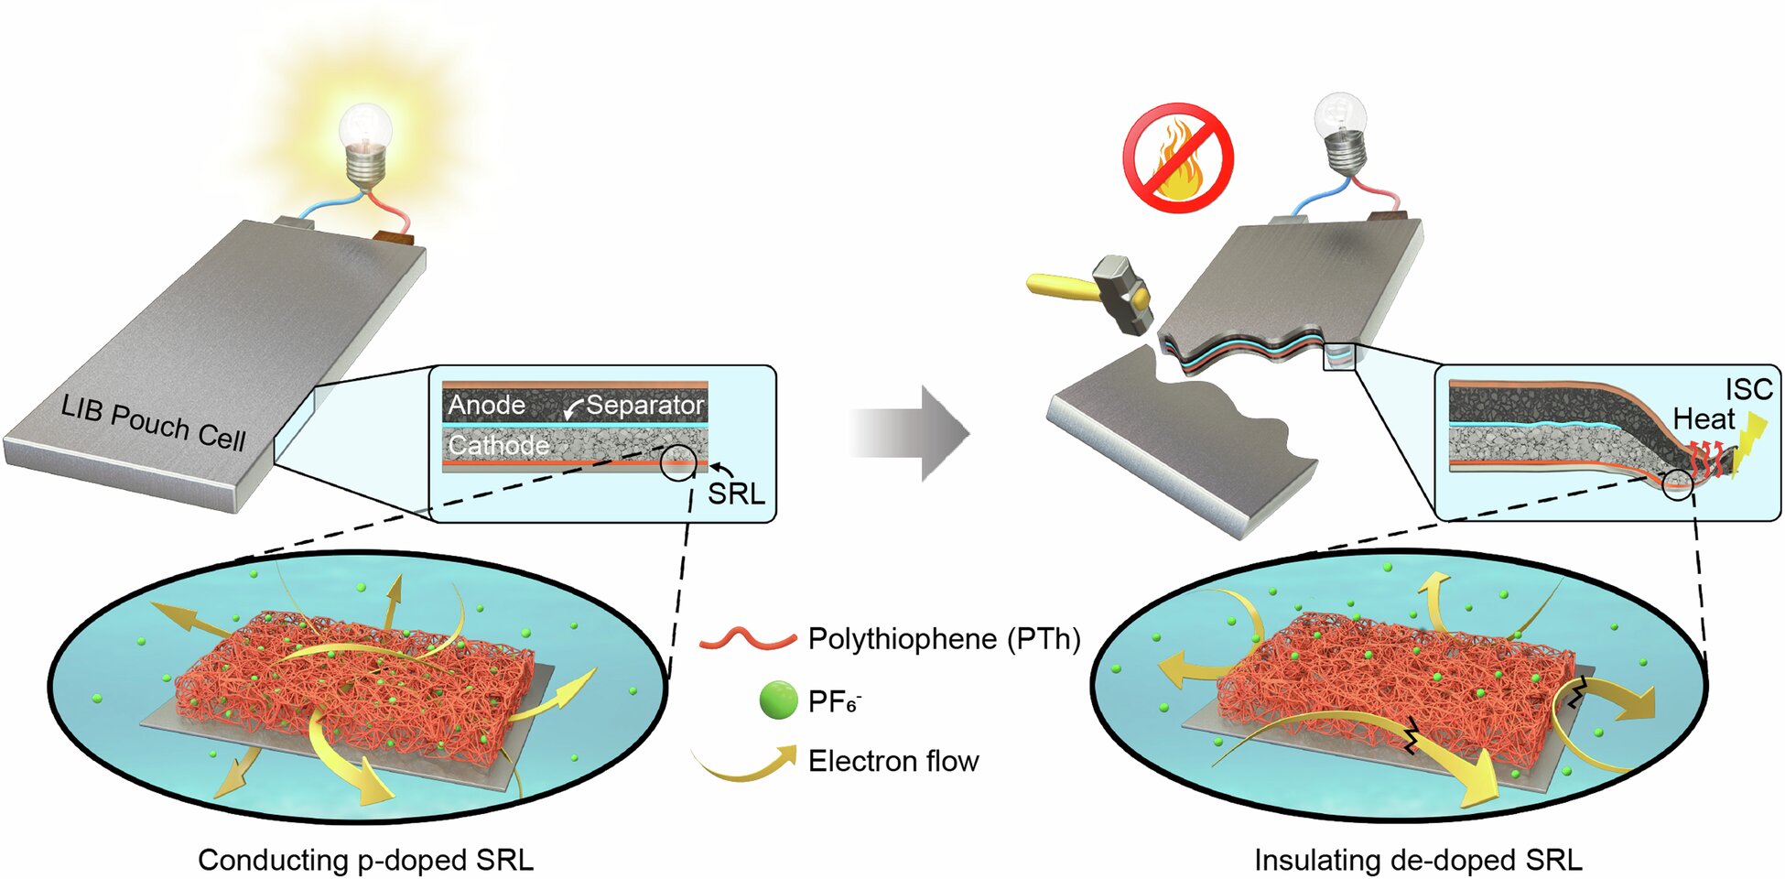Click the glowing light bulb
366,146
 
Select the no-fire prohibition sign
1178,157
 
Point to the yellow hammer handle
1062,287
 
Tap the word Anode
486,405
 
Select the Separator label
645,405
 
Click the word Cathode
498,445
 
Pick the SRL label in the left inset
736,494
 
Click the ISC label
1749,389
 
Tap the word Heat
1704,419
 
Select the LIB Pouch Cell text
153,424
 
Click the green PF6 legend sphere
779,700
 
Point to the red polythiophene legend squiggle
747,638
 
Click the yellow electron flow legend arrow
743,763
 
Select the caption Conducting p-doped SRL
365,860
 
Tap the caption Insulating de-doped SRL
1418,860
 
